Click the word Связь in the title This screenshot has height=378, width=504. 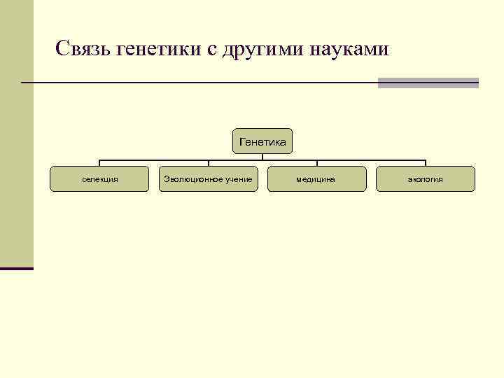tap(82, 50)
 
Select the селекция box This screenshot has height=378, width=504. tap(99, 179)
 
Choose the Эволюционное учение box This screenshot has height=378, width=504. tap(208, 179)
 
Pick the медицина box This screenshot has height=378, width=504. tap(316, 179)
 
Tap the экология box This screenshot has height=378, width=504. tap(426, 179)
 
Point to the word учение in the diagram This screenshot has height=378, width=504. tap(239, 179)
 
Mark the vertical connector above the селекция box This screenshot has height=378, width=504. tap(99, 163)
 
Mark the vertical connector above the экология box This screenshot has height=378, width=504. tap(426, 163)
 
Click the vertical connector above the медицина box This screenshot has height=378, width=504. tap(316, 163)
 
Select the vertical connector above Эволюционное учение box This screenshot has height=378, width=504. tap(208, 163)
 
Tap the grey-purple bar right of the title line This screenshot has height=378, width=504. tap(428, 83)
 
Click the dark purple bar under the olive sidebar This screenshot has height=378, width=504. tap(16, 268)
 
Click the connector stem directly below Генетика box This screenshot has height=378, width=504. tap(262, 157)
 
